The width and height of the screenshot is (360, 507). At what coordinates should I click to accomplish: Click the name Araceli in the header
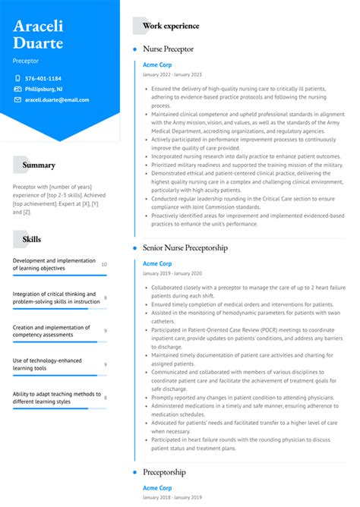coord(38,26)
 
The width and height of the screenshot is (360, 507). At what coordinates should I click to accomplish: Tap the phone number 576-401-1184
coord(43,78)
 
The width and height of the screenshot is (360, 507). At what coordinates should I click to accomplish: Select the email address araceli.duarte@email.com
coord(56,99)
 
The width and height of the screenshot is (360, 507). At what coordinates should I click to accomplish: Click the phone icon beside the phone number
coord(17,78)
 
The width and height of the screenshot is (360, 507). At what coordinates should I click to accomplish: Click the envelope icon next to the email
coord(17,99)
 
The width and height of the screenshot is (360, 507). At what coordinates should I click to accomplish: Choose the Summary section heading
coord(39,165)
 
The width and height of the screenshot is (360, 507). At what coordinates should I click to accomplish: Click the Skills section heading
coord(32,239)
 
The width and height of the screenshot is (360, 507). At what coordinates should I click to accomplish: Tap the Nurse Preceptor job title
coord(168,49)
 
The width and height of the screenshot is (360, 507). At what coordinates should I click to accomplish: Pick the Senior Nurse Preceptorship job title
coord(185,247)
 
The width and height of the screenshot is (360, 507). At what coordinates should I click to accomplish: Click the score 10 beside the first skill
coord(104,264)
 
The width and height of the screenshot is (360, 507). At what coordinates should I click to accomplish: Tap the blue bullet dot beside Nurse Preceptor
coord(134,49)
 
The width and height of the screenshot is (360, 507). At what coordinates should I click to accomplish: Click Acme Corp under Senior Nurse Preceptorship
coord(157,263)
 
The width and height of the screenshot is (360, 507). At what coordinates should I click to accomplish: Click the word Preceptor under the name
coord(26,60)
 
